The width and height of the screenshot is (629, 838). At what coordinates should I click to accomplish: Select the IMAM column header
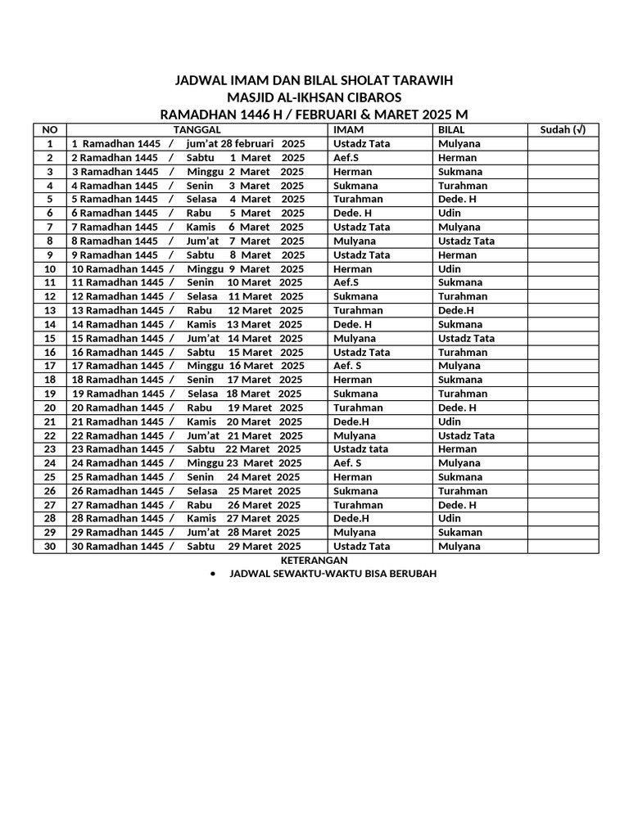pyautogui.click(x=348, y=129)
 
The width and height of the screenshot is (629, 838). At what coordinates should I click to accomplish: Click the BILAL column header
pyautogui.click(x=451, y=129)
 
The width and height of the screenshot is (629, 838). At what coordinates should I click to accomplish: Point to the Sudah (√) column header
pyautogui.click(x=563, y=129)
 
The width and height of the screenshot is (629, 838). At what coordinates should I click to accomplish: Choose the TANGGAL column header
pyautogui.click(x=197, y=129)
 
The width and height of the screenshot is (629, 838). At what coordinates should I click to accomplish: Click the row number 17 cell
pyautogui.click(x=50, y=366)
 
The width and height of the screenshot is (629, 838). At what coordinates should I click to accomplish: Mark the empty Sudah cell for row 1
pyautogui.click(x=563, y=143)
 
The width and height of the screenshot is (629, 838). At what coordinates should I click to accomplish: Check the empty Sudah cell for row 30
pyautogui.click(x=563, y=546)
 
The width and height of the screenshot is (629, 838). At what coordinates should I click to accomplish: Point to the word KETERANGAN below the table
pyautogui.click(x=315, y=560)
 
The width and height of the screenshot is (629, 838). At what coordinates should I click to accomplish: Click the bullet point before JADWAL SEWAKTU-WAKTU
pyautogui.click(x=213, y=574)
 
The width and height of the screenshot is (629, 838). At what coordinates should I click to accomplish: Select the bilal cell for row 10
pyautogui.click(x=449, y=268)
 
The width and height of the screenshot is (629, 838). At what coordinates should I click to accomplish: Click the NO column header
pyautogui.click(x=50, y=129)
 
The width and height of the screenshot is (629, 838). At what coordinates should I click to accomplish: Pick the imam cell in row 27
pyautogui.click(x=358, y=505)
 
